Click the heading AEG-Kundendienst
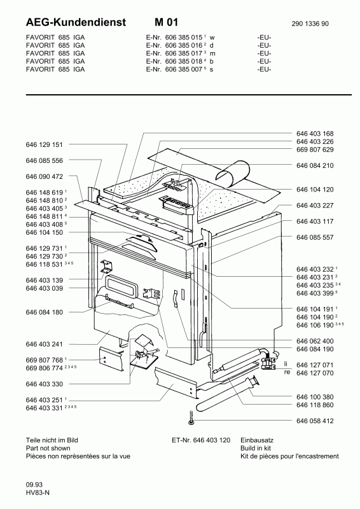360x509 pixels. [x=76, y=22]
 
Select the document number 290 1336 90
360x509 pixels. [x=310, y=24]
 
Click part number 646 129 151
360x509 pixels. [x=44, y=144]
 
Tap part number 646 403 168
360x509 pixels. [x=315, y=134]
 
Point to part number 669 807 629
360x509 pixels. [x=315, y=150]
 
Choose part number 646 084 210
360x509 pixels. [x=315, y=165]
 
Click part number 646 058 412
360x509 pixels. [x=315, y=421]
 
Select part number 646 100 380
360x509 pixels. [x=315, y=396]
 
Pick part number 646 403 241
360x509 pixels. [x=44, y=344]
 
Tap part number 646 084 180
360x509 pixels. [x=44, y=312]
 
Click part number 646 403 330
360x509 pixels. [x=44, y=384]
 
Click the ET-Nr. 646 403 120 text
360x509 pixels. [x=201, y=440]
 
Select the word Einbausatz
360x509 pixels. [x=257, y=440]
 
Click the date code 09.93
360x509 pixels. [x=34, y=485]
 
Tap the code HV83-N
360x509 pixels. [x=38, y=492]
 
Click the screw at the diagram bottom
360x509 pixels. [x=191, y=417]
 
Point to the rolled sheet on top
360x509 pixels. [x=233, y=172]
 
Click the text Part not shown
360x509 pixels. [x=48, y=449]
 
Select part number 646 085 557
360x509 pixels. [x=315, y=237]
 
